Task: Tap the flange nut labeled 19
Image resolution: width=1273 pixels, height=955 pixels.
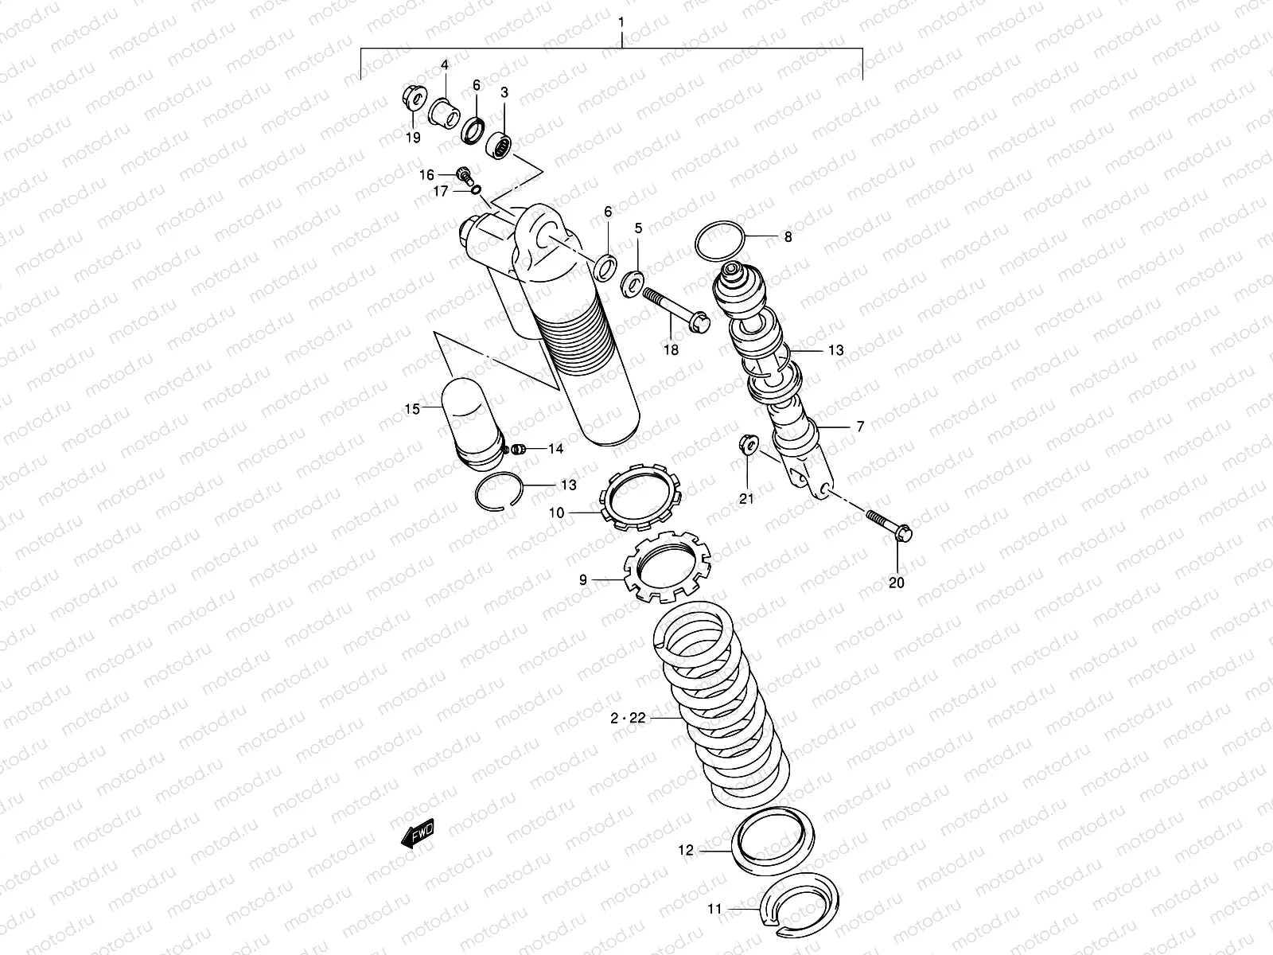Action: tap(413, 99)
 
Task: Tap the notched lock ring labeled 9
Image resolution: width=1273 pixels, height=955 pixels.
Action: tap(667, 567)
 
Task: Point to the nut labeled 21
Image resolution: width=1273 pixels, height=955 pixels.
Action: tap(749, 444)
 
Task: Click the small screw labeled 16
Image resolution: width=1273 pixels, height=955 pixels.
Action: tap(464, 173)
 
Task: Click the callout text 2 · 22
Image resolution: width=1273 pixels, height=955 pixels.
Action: tap(628, 718)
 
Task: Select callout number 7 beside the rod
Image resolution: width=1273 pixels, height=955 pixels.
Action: tap(859, 427)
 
